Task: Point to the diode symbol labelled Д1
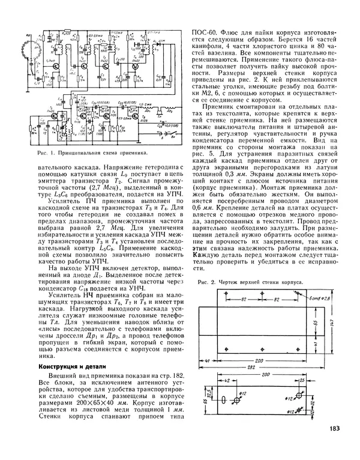pyautogui.click(x=160, y=43)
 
